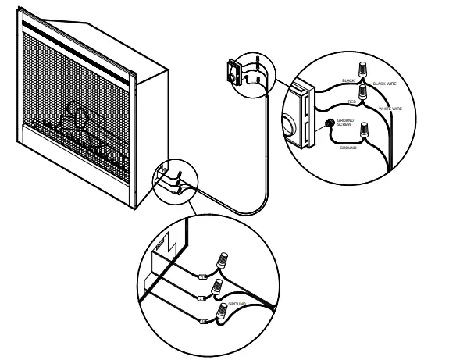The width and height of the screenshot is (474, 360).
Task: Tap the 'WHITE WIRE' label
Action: [390, 108]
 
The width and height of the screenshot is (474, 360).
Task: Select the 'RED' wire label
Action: [352, 102]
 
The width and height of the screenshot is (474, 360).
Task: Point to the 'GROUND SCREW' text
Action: [344, 123]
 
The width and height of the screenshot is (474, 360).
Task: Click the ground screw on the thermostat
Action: [330, 123]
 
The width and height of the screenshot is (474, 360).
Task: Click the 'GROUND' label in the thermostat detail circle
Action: [348, 147]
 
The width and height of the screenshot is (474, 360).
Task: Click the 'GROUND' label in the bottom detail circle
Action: [237, 303]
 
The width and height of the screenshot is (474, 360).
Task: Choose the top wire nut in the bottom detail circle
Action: [224, 258]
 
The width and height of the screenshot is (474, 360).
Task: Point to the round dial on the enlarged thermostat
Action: [290, 124]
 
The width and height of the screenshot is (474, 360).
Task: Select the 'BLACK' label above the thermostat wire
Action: [348, 80]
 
